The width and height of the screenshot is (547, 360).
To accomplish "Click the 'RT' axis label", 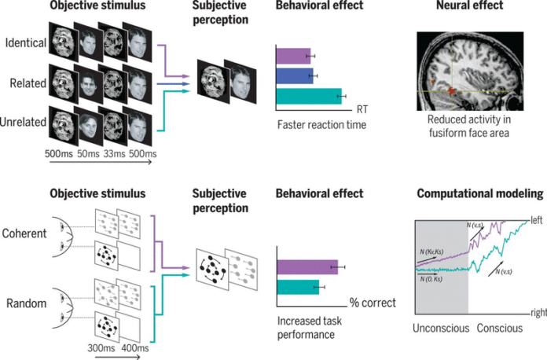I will [x=362, y=107].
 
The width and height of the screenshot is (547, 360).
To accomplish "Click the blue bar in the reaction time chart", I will [x=295, y=76].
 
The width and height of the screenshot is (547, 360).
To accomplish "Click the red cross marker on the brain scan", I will [x=452, y=92].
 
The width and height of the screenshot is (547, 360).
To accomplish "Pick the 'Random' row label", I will [x=25, y=303].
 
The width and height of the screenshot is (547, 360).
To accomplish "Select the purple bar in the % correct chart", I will [x=307, y=267].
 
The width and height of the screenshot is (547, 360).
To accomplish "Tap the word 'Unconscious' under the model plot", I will [x=442, y=326].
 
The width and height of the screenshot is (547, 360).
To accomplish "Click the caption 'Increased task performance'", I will [x=308, y=327].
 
